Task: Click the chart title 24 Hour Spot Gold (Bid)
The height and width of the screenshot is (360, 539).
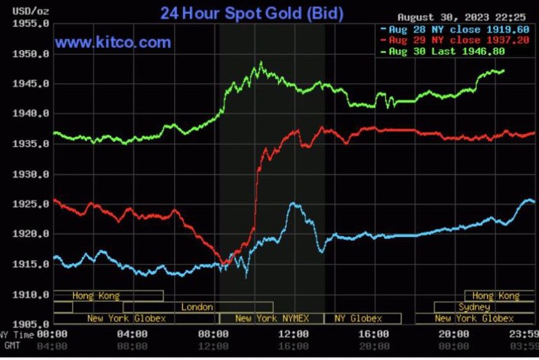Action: (x=252, y=13)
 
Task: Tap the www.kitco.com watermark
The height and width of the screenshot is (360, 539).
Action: (x=113, y=43)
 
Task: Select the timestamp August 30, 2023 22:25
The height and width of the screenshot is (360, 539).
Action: (x=466, y=17)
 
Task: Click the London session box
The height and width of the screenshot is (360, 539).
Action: (x=198, y=307)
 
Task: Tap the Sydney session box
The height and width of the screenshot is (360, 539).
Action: (x=474, y=307)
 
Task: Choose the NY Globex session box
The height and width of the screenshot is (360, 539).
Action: (x=358, y=319)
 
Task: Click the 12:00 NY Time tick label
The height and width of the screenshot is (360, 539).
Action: (x=294, y=334)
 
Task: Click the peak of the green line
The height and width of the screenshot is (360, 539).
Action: (x=261, y=63)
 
